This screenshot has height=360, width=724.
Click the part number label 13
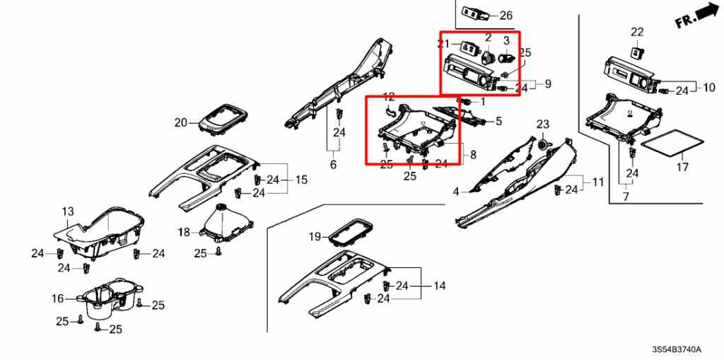pos(68,211)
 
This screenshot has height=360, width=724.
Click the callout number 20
pos(181,122)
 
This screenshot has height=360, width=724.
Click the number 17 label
pos(682,168)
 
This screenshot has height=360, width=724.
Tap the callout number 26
pos(506,16)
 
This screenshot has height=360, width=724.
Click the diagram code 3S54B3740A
pos(677,349)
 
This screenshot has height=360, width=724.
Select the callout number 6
pos(334,164)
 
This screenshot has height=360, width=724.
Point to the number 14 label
pos(440,286)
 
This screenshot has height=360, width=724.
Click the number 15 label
pos(301,180)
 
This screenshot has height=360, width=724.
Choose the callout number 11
pos(598,182)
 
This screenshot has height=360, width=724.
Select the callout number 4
pos(456,191)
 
